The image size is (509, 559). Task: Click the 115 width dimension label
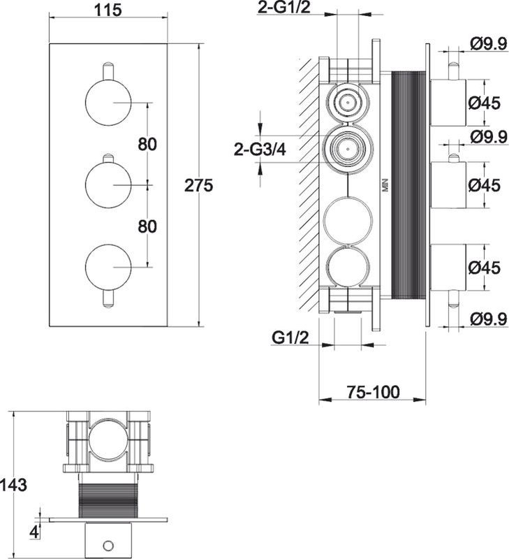pyautogui.click(x=108, y=10)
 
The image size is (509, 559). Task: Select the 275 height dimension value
pyautogui.click(x=198, y=185)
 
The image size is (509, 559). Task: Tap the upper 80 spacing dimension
pyautogui.click(x=147, y=145)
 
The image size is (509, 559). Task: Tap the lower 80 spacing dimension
pyautogui.click(x=147, y=226)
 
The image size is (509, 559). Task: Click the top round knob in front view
pyautogui.click(x=108, y=103)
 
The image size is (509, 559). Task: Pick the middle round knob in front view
pyautogui.click(x=108, y=184)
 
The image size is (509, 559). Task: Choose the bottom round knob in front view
pyautogui.click(x=108, y=268)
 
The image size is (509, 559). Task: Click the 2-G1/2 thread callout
pyautogui.click(x=283, y=8)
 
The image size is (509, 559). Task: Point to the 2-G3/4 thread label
pyautogui.click(x=260, y=150)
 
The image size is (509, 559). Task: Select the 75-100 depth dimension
pyautogui.click(x=374, y=392)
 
